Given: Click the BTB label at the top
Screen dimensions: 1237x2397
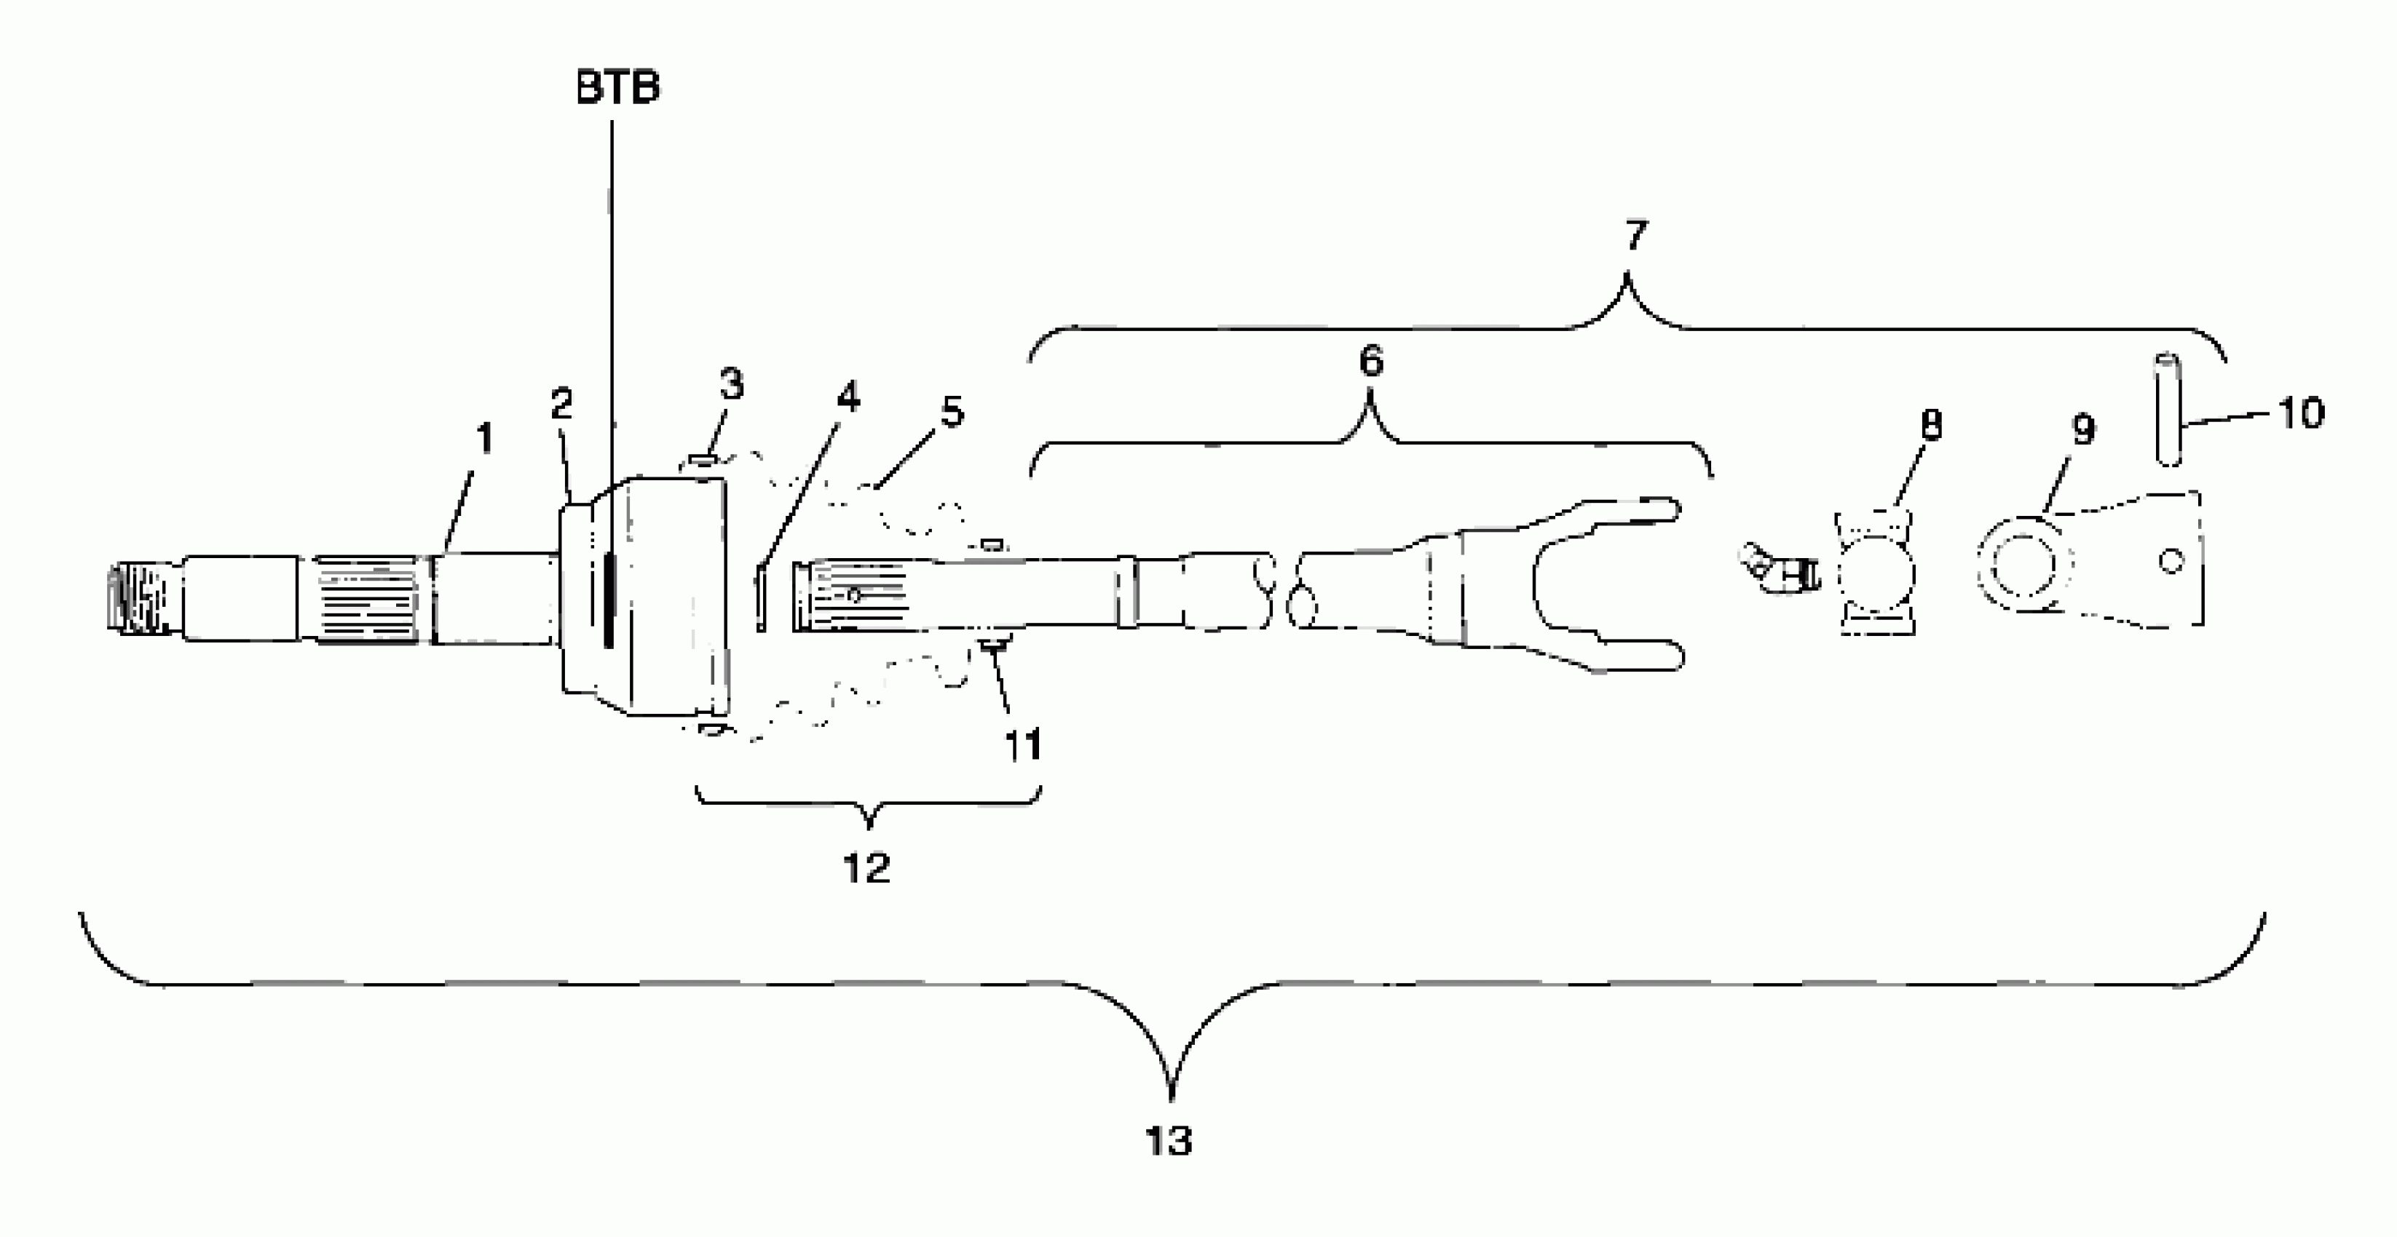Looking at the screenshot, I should [618, 88].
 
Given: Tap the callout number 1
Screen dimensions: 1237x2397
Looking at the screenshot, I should [484, 439].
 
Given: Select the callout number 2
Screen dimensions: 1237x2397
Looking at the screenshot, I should [561, 405].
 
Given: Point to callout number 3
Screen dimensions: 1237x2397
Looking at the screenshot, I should [731, 384].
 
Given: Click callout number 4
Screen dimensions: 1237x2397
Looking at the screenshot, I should [848, 398].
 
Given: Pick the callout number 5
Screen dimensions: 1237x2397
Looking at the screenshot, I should [952, 412].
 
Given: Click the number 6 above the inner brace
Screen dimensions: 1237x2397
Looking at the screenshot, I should [1370, 362].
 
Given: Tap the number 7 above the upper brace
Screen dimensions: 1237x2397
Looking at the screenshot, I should [1635, 235].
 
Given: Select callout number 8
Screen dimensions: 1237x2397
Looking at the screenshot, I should [1932, 425].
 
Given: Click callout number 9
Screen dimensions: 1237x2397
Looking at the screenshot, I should [2082, 430].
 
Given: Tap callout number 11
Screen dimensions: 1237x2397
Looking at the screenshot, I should [1022, 745].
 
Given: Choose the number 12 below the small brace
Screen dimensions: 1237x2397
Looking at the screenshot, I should [866, 869].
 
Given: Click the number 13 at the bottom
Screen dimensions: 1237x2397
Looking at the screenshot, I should [1169, 1140].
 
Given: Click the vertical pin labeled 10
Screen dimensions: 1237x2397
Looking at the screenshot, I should [2169, 409].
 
